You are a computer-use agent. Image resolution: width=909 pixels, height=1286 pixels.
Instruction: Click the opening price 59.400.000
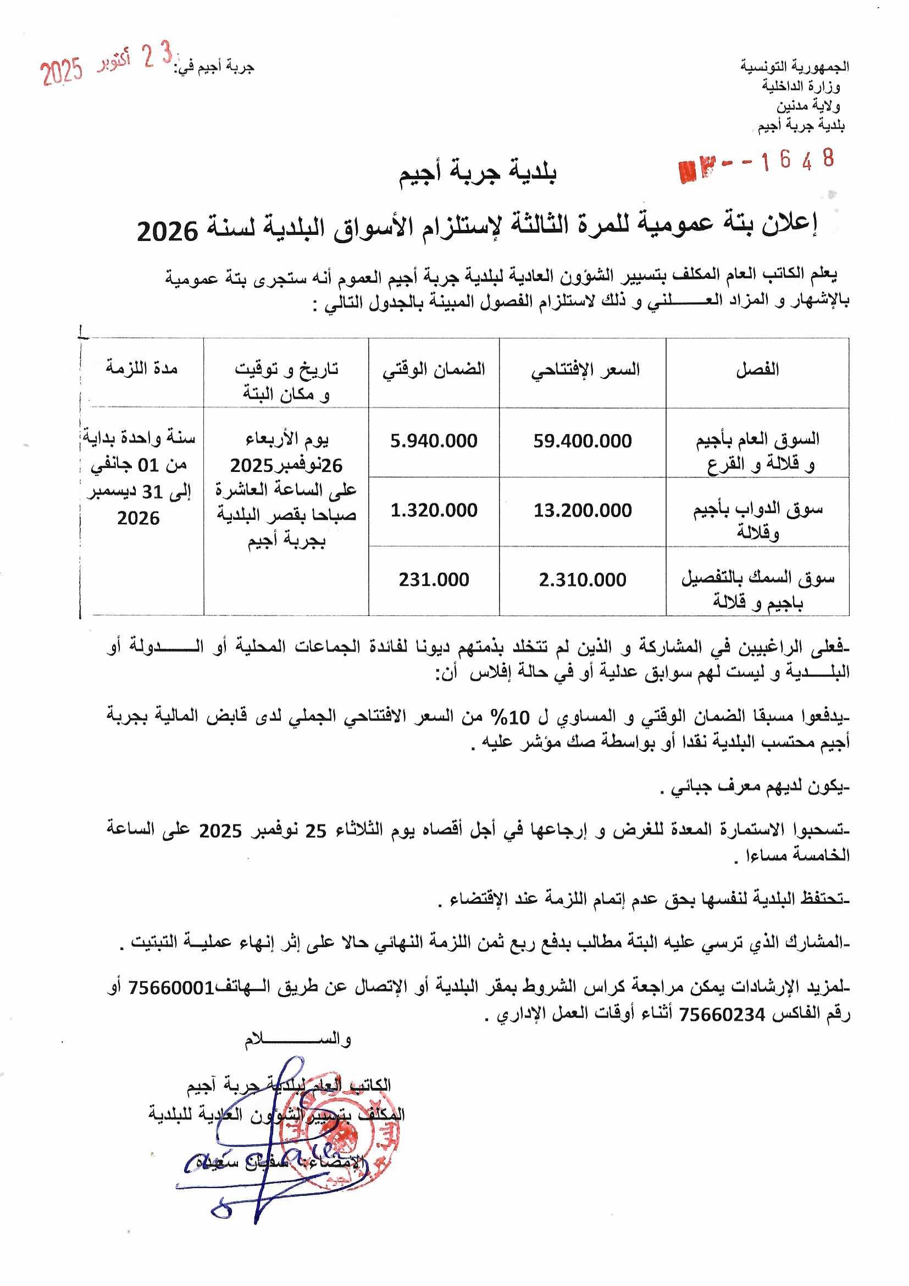click(582, 441)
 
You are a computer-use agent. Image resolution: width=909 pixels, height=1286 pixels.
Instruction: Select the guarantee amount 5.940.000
click(434, 441)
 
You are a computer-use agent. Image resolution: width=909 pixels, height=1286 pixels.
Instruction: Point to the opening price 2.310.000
click(582, 580)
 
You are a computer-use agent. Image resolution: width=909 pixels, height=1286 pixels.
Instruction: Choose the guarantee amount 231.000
click(434, 580)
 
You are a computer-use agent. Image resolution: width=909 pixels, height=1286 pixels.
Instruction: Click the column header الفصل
click(757, 370)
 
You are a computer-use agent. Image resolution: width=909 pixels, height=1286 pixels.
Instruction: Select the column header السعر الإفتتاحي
click(585, 370)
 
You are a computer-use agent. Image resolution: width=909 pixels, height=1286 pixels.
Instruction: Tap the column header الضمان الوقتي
click(434, 370)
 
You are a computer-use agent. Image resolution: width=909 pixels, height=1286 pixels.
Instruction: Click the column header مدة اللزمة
click(142, 368)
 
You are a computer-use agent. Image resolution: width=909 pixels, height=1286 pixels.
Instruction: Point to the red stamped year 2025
click(62, 72)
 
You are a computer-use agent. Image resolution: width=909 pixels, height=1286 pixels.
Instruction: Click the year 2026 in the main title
click(168, 232)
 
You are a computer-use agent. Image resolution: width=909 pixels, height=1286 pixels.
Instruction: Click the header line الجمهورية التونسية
click(795, 67)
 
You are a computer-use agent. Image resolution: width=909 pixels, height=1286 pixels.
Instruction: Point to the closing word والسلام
click(297, 1040)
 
